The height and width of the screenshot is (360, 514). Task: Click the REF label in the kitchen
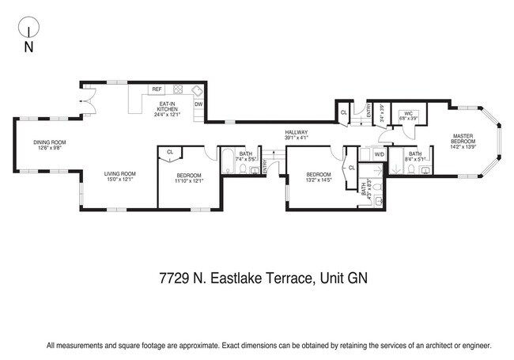coord(157,89)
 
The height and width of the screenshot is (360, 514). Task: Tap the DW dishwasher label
coord(198,104)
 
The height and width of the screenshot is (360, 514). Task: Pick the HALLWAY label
coord(297,132)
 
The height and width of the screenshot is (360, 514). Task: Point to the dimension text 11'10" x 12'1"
coord(189,180)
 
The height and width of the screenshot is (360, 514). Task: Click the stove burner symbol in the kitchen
coord(179,89)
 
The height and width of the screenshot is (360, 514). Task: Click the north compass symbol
coord(28,31)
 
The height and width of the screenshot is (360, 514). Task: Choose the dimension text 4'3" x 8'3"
coord(365,188)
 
